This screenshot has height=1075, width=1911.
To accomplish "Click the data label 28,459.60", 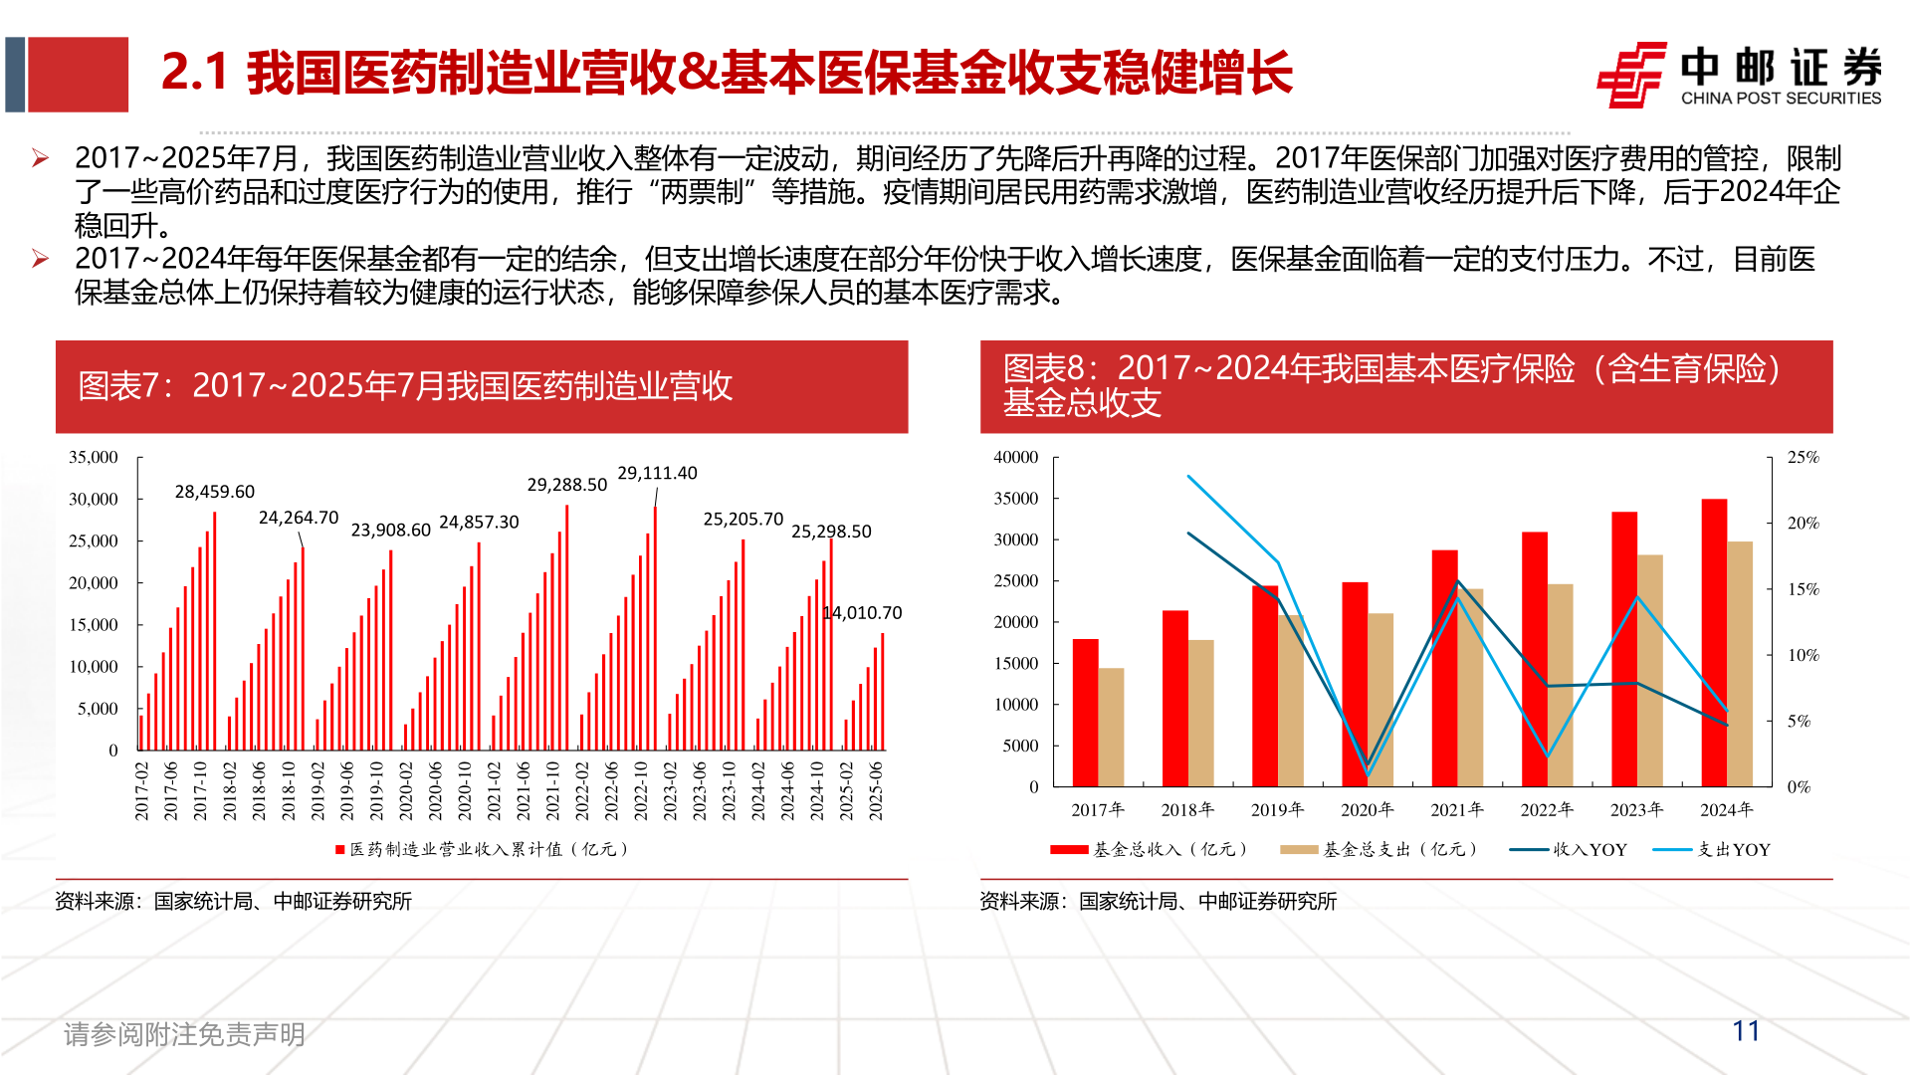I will tap(214, 492).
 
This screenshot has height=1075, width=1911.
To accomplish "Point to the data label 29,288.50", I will tap(566, 485).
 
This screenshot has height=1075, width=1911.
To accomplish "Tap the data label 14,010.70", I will tap(863, 613).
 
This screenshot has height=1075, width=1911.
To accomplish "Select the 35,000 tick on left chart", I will tap(93, 457).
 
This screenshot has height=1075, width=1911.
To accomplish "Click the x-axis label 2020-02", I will tap(406, 791).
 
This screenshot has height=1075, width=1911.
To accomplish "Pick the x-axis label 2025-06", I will tap(876, 791).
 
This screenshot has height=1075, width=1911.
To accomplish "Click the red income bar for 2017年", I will tap(1085, 713).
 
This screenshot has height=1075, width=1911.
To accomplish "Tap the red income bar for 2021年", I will tap(1444, 668).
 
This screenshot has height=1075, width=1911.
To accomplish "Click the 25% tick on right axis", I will tap(1803, 457).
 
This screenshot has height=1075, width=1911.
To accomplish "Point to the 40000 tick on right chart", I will tap(1015, 457).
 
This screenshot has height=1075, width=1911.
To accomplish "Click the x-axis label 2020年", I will tap(1367, 810).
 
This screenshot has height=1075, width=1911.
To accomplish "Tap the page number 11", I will tap(1746, 1031).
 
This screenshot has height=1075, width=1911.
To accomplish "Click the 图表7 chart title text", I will tap(405, 386).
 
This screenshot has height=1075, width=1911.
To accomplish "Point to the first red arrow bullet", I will tap(40, 158).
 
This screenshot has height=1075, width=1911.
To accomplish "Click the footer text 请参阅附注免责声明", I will tap(184, 1034).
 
